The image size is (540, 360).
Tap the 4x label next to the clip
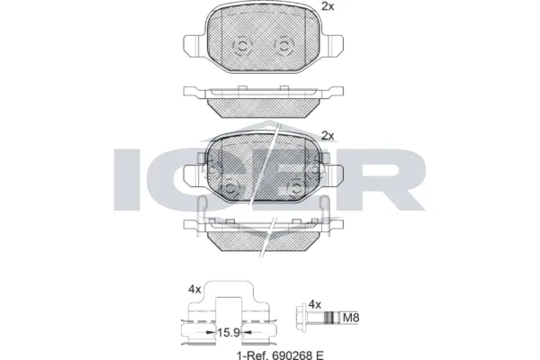(193, 290)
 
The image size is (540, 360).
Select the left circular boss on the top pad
(242, 46)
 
